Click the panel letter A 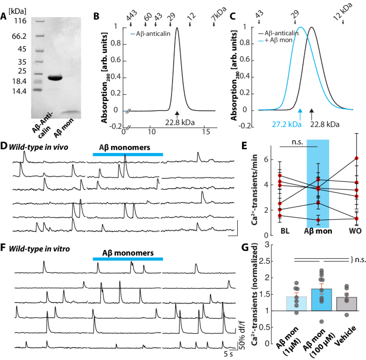(x=5, y=16)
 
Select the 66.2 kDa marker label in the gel (x=20, y=36)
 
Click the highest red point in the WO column (x=356, y=158)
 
